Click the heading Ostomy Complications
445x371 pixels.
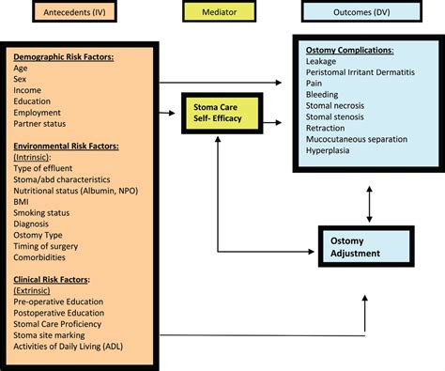[349, 49]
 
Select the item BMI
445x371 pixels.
[22, 201]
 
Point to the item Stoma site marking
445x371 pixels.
[49, 334]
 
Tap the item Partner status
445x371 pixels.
[43, 123]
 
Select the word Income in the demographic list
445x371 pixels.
[29, 90]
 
